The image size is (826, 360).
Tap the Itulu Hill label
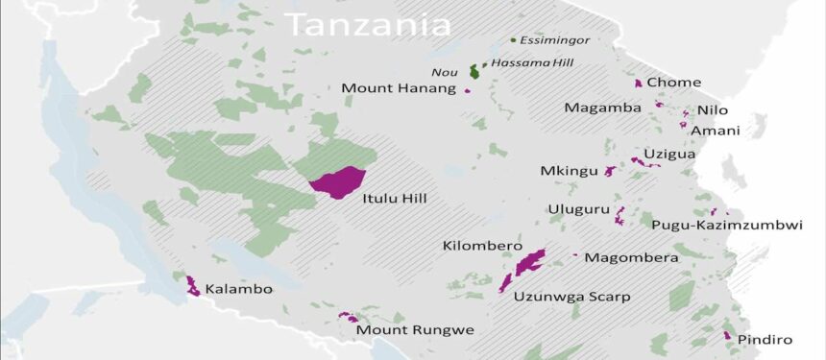[395, 199]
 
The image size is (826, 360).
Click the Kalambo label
[239, 289]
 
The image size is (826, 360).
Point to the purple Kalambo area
[192, 286]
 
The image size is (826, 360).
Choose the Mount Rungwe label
[415, 330]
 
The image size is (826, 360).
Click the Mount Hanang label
[399, 88]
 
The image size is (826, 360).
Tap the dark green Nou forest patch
[474, 71]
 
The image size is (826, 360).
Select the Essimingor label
[554, 40]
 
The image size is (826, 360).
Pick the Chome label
[673, 83]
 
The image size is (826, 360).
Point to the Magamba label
[602, 108]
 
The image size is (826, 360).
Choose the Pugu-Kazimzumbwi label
[726, 226]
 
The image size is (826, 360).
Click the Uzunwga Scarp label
[571, 297]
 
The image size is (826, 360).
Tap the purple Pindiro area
[727, 336]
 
